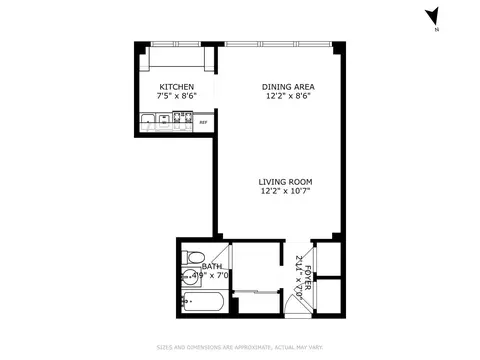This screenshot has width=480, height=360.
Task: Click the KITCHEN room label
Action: pyautogui.click(x=177, y=87)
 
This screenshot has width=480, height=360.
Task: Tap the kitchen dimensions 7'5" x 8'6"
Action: pyautogui.click(x=177, y=97)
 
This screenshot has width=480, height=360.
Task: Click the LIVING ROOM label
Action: pyautogui.click(x=286, y=181)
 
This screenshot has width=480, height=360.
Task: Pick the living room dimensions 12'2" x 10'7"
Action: pyautogui.click(x=286, y=191)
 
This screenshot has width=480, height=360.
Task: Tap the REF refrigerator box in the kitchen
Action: pyautogui.click(x=203, y=123)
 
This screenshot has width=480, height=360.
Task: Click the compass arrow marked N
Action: pyautogui.click(x=431, y=17)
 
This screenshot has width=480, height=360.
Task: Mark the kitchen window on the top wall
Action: pyautogui.click(x=176, y=43)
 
